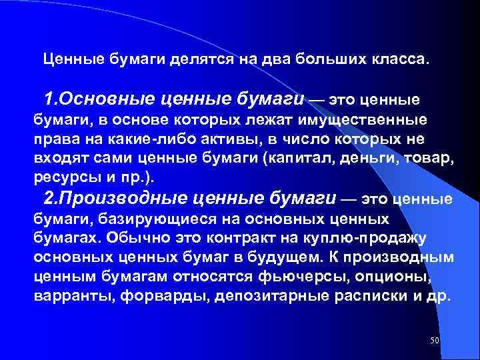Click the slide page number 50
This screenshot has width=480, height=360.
[x=435, y=341]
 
